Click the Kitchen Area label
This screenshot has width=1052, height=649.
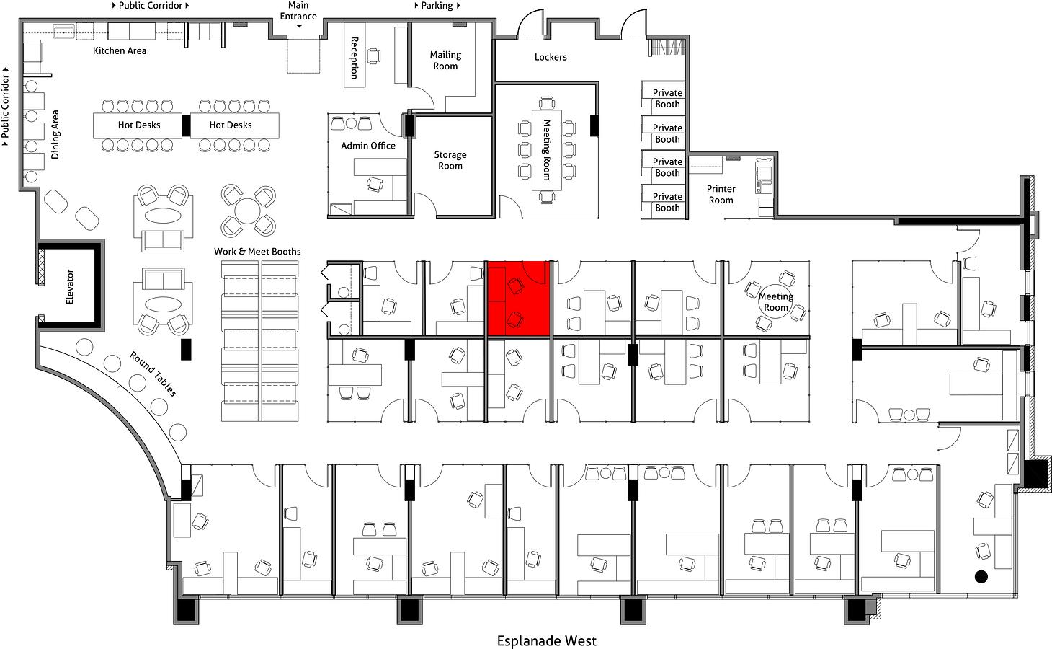click(x=120, y=50)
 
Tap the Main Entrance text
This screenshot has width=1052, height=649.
click(x=298, y=11)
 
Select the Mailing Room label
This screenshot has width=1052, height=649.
click(x=445, y=61)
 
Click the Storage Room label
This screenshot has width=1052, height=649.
click(x=450, y=160)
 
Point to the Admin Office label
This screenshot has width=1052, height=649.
click(x=368, y=146)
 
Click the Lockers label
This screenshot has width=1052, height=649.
click(x=550, y=58)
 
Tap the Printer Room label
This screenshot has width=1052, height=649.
click(x=721, y=195)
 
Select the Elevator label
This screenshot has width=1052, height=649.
click(x=70, y=287)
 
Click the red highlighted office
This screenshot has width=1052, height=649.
click(x=519, y=299)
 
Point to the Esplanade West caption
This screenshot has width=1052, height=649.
click(x=547, y=641)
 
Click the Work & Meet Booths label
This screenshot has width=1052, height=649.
click(x=257, y=252)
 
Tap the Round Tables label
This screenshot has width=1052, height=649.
click(x=153, y=374)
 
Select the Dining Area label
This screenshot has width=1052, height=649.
click(x=55, y=134)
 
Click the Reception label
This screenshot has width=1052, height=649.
click(x=355, y=58)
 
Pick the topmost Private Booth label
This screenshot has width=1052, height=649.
click(x=667, y=98)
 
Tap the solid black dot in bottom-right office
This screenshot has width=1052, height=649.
click(x=981, y=577)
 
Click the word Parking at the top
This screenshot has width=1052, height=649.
click(x=437, y=6)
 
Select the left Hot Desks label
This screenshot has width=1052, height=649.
click(x=139, y=125)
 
